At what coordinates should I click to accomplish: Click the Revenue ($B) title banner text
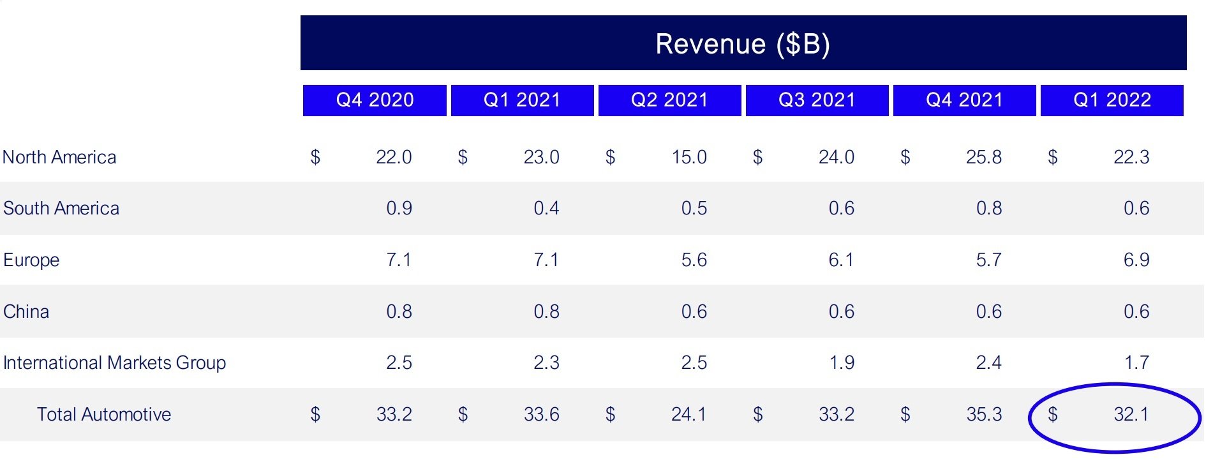point(743,44)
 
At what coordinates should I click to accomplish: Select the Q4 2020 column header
point(375,100)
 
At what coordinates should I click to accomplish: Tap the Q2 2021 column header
point(669,100)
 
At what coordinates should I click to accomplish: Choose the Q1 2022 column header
point(1112,100)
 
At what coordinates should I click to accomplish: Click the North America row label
point(59,157)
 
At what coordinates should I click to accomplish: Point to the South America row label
point(61,209)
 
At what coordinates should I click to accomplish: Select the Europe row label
point(31,260)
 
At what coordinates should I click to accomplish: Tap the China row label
point(26,311)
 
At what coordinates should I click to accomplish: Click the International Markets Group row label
point(114,363)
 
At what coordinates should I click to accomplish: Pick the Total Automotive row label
point(104,415)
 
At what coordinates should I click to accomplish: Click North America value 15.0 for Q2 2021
point(688,157)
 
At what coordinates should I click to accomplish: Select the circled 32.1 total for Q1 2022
point(1131,415)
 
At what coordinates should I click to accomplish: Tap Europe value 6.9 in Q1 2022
point(1136,260)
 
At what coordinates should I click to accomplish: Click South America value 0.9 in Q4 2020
point(399,209)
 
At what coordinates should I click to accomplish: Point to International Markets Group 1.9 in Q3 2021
point(841,363)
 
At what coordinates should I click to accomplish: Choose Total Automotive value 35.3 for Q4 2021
point(983,415)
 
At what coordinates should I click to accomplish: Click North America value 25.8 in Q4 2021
point(983,157)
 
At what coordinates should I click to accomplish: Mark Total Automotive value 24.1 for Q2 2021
point(688,415)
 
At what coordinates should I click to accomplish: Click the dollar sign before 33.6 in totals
point(463,415)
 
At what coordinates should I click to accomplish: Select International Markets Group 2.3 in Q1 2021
point(546,363)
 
